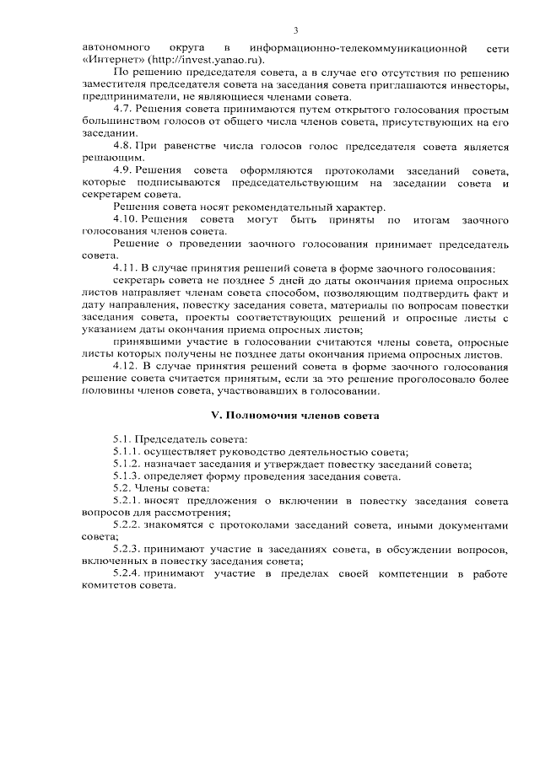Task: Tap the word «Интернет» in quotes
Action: (114, 60)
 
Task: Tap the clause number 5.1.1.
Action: (128, 453)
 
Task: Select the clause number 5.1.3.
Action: (128, 476)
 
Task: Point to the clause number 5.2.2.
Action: (129, 525)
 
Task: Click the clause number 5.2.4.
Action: (129, 574)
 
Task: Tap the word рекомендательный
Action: (277, 207)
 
